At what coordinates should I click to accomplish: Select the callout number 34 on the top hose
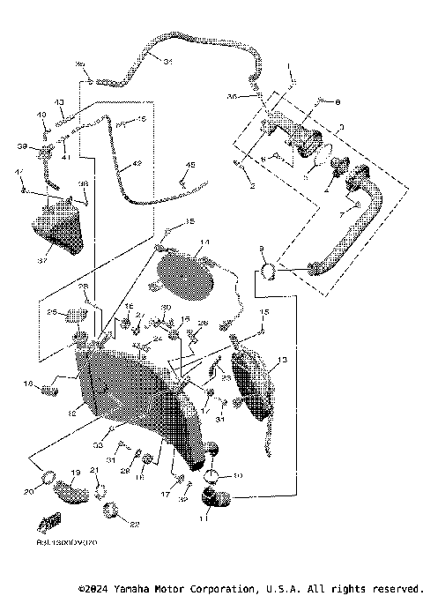pos(167,60)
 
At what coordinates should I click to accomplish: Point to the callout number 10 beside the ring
pos(236,476)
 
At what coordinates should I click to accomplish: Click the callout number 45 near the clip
pos(190,165)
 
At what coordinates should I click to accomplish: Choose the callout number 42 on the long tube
pos(137,164)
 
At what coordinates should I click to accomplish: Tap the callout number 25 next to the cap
pos(52,311)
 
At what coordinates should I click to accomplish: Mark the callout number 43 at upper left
pos(61,102)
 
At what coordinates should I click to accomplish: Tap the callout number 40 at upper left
pos(41,115)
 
